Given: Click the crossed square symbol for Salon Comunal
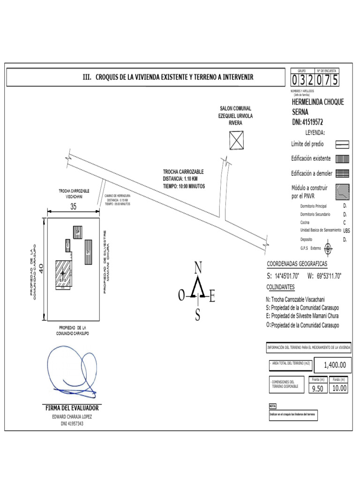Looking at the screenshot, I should [237, 140].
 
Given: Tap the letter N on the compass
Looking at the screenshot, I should [198, 268].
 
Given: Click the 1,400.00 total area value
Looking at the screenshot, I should [335, 365].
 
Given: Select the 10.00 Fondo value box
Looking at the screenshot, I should [339, 388].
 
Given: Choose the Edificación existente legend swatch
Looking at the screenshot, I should [343, 159].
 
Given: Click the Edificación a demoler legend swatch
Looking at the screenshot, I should [343, 173].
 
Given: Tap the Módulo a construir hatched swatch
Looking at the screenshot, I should [343, 191].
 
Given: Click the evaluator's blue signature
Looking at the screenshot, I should [70, 370].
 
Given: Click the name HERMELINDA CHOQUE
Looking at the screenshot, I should [317, 102].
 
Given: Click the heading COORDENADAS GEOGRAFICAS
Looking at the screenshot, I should [297, 264].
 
